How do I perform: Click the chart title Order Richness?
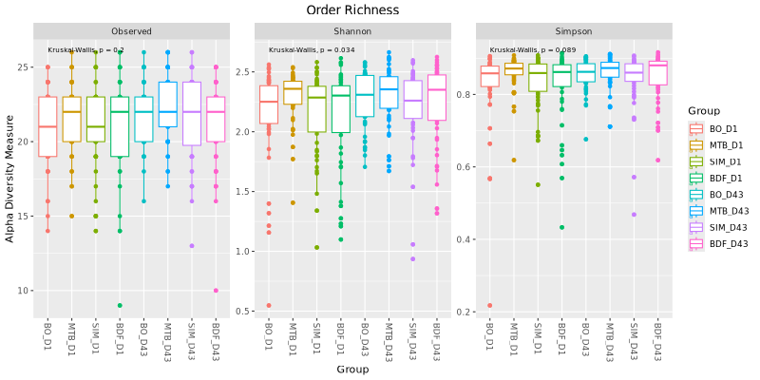coord(352,9)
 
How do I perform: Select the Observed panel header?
coord(131,31)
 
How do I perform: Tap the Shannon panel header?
coord(352,31)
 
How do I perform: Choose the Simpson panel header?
coord(574,31)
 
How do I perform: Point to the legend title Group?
coord(703,111)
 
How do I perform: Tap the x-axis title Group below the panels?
coord(352,370)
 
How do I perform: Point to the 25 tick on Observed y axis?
coord(24,66)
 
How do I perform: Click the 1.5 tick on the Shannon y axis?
coord(244,192)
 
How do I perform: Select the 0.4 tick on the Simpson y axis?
coord(465,239)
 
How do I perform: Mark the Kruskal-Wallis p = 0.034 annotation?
coord(312,50)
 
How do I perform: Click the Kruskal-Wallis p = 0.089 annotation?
coord(533,50)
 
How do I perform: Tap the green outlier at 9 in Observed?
coord(120,305)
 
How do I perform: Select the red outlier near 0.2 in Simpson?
coord(490,305)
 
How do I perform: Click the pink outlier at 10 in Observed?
coord(216,291)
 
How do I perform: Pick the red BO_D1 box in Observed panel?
coord(47,127)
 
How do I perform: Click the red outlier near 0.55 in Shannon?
coord(269,305)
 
